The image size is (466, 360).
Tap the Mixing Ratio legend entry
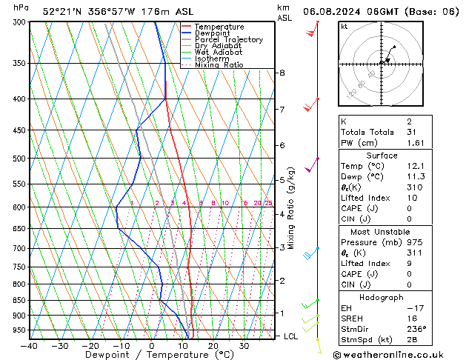[219, 65]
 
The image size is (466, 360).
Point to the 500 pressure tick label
[19, 159]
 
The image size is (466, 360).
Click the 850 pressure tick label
[19, 301]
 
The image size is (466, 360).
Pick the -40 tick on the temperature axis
[29, 345]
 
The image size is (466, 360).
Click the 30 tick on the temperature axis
[244, 345]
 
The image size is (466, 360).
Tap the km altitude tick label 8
[282, 73]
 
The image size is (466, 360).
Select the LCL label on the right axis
[291, 336]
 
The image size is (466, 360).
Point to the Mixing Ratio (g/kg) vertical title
[291, 208]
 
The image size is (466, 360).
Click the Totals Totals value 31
[411, 132]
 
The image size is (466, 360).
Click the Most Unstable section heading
[383, 231]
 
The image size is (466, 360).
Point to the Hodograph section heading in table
[383, 297]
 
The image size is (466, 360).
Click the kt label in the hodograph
[344, 26]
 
